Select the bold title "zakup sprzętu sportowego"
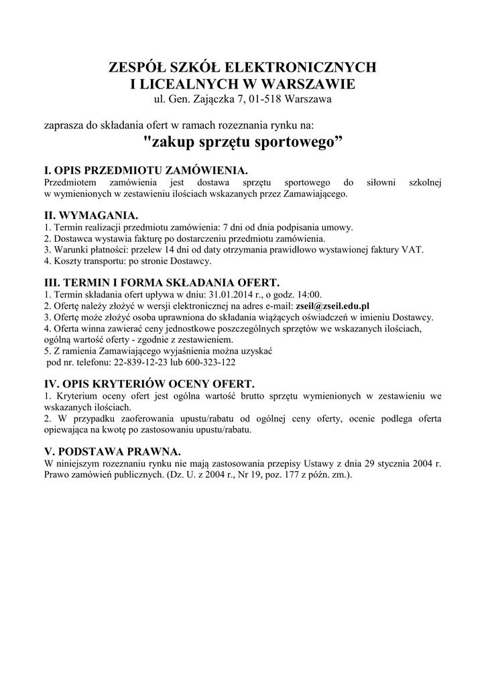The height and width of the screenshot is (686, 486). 243,142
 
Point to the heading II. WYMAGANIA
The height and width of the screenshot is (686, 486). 90,216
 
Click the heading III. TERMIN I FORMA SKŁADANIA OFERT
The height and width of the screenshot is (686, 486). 161,282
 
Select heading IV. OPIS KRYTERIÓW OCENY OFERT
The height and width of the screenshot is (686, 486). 149,384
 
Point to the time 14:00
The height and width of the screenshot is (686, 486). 308,293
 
